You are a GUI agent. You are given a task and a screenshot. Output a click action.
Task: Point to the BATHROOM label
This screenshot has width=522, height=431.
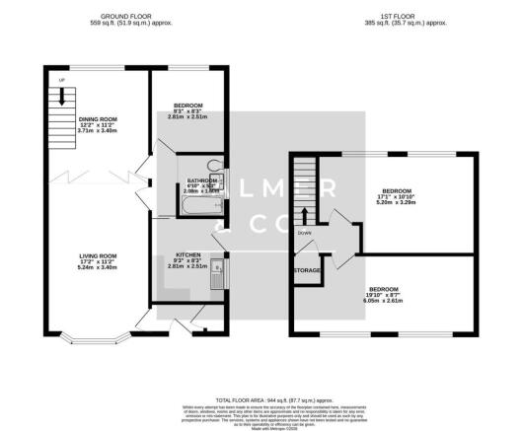(x=201, y=180)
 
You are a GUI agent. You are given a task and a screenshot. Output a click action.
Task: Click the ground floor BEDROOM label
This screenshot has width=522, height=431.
(x=187, y=105)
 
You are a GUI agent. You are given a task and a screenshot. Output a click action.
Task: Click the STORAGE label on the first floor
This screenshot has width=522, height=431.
(x=307, y=269)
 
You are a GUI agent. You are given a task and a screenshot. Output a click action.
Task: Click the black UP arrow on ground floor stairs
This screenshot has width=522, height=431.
(x=61, y=97)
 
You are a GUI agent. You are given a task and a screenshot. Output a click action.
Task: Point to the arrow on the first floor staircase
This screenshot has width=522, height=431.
(x=306, y=216)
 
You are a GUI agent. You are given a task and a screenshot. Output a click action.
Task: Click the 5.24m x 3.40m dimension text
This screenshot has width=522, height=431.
(x=99, y=266)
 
